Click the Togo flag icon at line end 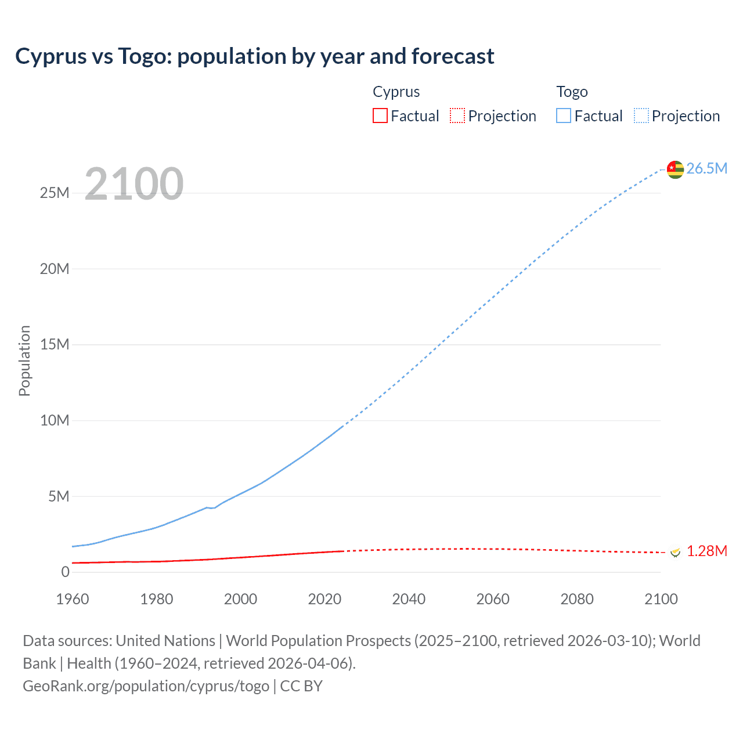675,169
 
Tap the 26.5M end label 706,168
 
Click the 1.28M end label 706,551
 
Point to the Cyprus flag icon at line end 675,552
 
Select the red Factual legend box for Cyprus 380,116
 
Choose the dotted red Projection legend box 457,116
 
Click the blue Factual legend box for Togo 563,116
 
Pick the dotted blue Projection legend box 641,116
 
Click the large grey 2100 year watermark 134,184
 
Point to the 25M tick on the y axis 55,193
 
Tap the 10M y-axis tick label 55,420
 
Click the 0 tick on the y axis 65,572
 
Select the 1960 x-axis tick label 73,599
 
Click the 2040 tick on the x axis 409,599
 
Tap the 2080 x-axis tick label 577,599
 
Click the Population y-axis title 24,360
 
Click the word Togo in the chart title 145,56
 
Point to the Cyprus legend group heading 396,92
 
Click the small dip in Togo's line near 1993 212,508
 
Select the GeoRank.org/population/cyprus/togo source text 146,686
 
